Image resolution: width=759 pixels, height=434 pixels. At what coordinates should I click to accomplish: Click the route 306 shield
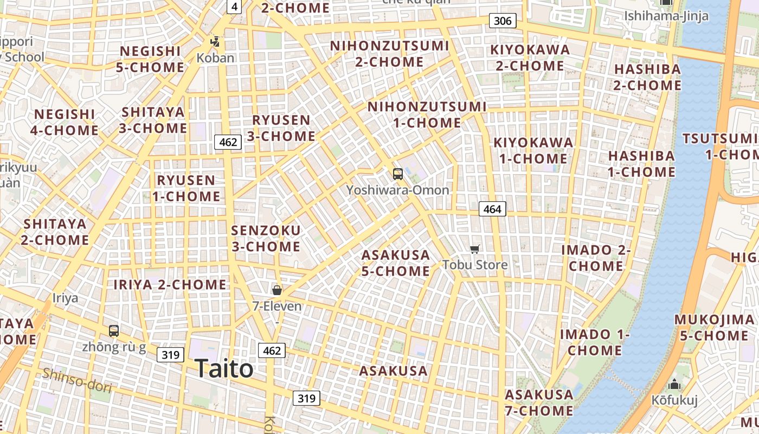click(503, 21)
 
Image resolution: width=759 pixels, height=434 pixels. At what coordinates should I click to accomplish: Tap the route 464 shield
click(492, 209)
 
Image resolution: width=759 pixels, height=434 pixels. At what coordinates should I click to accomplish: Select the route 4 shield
click(234, 7)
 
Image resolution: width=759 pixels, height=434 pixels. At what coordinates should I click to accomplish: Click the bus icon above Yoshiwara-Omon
click(397, 174)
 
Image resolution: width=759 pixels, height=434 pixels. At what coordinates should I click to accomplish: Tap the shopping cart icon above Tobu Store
click(475, 249)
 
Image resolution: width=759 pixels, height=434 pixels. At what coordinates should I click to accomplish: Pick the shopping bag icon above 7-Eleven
click(277, 290)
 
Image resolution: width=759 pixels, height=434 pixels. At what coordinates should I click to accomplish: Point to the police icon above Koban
click(215, 41)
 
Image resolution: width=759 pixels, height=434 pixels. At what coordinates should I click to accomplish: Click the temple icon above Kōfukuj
click(674, 385)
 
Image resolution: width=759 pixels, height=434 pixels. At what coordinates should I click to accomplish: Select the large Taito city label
click(224, 369)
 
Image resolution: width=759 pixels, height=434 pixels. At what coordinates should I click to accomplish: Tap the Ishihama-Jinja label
click(666, 16)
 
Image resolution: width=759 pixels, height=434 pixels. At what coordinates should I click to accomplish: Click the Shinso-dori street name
click(77, 380)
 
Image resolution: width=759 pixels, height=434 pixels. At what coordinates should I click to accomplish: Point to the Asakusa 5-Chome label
click(396, 263)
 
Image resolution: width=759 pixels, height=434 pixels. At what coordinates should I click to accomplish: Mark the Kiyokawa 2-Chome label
click(530, 58)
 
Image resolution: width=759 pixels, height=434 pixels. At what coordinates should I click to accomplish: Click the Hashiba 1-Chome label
click(641, 164)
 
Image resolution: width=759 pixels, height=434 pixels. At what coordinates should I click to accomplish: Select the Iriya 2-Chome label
click(170, 284)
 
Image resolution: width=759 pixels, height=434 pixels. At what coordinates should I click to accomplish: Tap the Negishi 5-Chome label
click(150, 59)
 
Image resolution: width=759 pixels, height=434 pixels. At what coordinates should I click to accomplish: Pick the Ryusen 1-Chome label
click(186, 188)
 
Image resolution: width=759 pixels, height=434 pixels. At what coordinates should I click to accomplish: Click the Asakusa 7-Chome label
click(539, 403)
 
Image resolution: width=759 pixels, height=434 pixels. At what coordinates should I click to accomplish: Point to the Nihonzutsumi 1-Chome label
click(427, 114)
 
